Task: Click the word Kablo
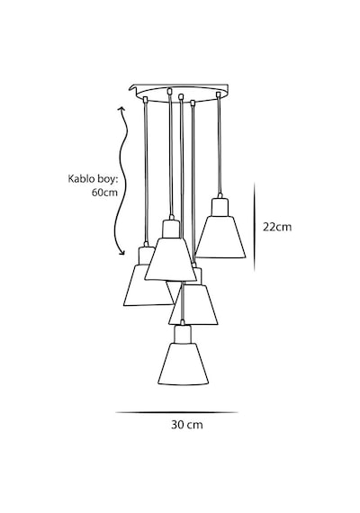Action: pos(78,179)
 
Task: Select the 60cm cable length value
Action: pos(104,193)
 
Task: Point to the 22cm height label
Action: pos(277,227)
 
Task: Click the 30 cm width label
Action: pos(187,425)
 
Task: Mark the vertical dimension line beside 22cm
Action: pos(255,227)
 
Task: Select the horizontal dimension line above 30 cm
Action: pos(176,412)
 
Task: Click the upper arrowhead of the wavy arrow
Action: pos(121,109)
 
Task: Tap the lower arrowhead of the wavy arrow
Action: pos(122,252)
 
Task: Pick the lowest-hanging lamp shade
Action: pos(184,364)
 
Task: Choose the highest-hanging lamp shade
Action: pos(220,237)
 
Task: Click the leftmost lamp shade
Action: pos(148,285)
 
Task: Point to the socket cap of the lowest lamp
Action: pos(183,334)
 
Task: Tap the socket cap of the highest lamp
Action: pos(220,207)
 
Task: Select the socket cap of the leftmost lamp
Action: pos(147,256)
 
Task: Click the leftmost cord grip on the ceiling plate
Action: pos(146,98)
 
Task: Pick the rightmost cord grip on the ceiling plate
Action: pos(219,94)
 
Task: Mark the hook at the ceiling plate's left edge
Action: pos(132,88)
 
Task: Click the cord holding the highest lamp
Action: pos(220,146)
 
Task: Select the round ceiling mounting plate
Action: pos(182,93)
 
